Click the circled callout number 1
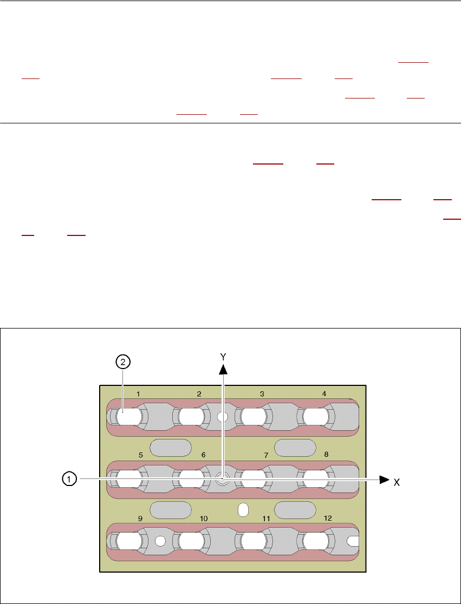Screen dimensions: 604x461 (68, 479)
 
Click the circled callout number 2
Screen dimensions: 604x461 (123, 363)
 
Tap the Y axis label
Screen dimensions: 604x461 (223, 356)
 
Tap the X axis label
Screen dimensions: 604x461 (397, 482)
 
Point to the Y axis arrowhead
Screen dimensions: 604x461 (223, 369)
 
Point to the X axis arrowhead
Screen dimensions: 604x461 (384, 480)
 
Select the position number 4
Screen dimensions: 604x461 (324, 394)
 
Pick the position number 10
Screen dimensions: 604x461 (204, 518)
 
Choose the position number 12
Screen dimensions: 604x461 (328, 518)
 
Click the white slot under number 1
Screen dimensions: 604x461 (129, 417)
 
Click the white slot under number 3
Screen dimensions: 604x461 (254, 417)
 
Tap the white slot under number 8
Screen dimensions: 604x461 (316, 479)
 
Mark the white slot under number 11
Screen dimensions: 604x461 (254, 541)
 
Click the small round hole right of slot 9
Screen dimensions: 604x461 (160, 541)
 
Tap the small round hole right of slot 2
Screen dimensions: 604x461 (222, 417)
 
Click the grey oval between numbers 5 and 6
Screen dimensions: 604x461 (171, 448)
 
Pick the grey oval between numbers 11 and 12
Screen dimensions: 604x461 (295, 510)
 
